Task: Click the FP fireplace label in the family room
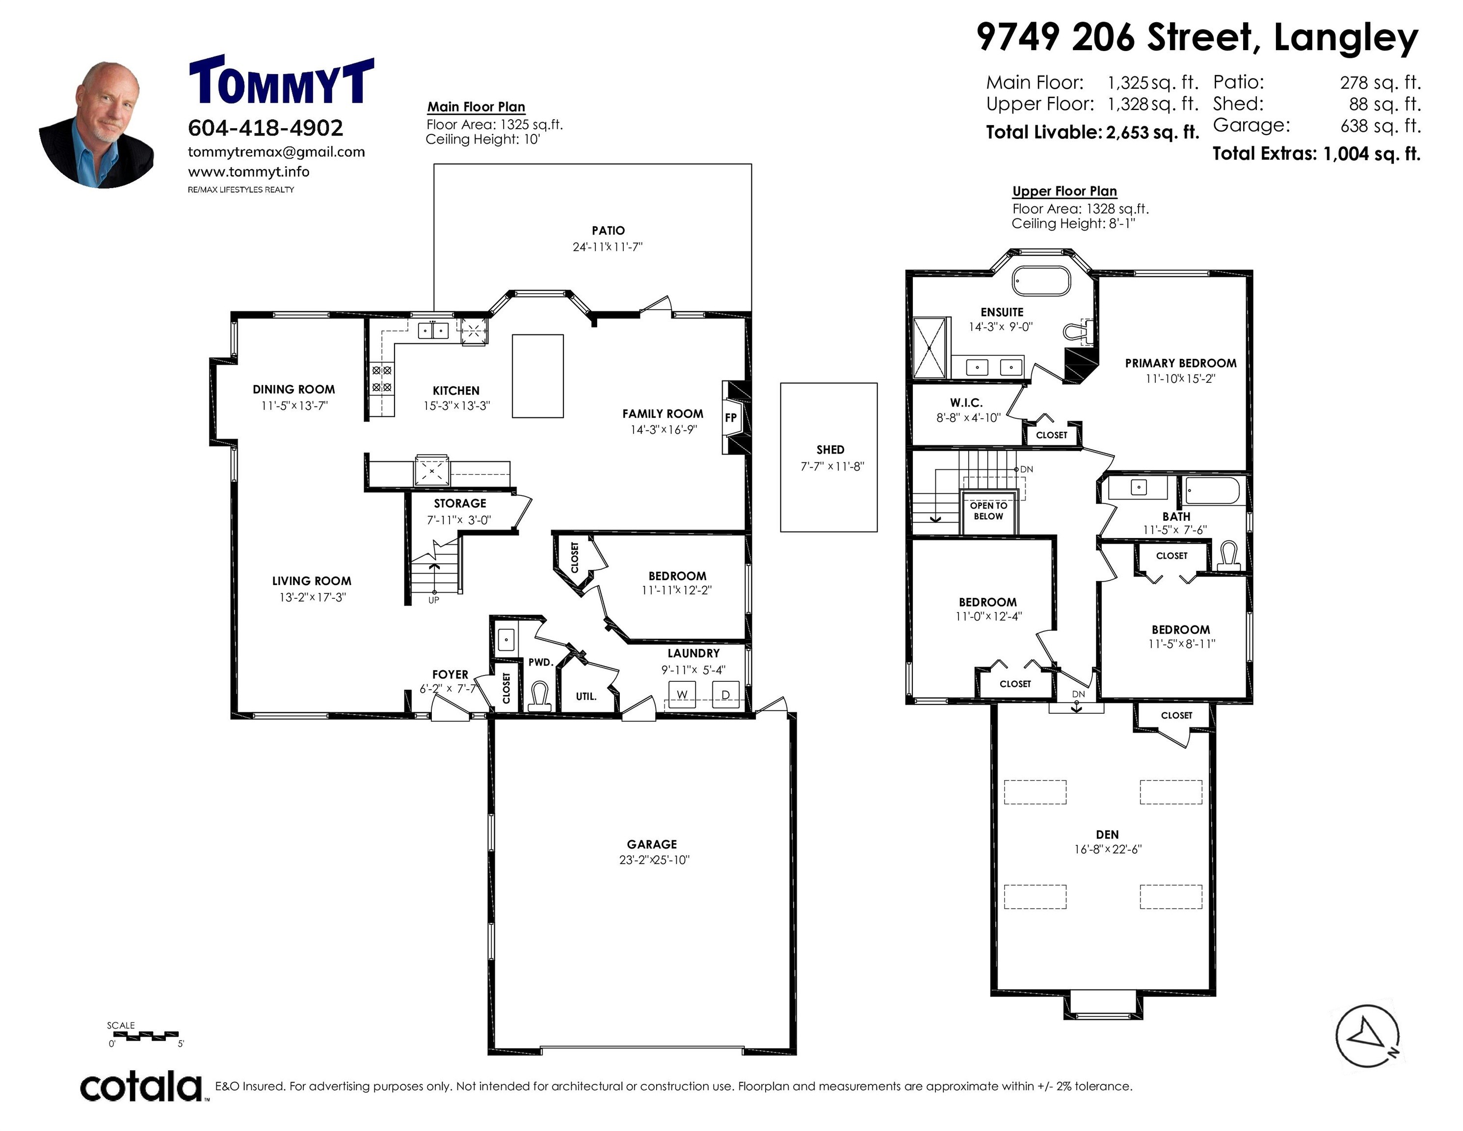pyautogui.click(x=731, y=417)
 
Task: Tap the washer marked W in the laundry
pyautogui.click(x=682, y=694)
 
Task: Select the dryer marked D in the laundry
pyautogui.click(x=725, y=694)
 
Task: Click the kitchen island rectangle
pyautogui.click(x=538, y=376)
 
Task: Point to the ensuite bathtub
pyautogui.click(x=1041, y=281)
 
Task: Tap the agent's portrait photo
pyautogui.click(x=97, y=125)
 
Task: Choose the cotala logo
pyautogui.click(x=141, y=1086)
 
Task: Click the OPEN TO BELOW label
pyautogui.click(x=989, y=511)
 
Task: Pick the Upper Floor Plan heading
pyautogui.click(x=1064, y=191)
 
